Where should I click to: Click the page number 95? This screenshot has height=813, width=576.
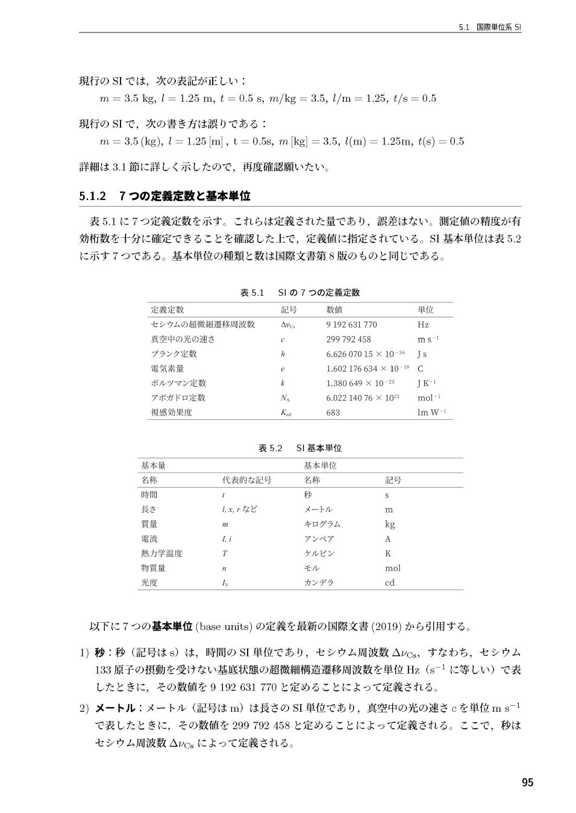tap(527, 782)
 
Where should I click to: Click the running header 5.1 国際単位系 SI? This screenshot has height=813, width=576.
tap(489, 27)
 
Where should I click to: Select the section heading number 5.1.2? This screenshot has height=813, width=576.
tap(93, 196)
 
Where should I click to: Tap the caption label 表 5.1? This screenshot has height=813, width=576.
tap(252, 293)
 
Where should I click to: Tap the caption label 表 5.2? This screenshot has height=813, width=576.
tap(270, 448)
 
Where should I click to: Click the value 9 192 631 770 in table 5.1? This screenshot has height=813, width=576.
tap(351, 325)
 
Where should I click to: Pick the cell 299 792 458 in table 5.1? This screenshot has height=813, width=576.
tap(348, 339)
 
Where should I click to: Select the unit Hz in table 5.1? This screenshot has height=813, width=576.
tap(423, 325)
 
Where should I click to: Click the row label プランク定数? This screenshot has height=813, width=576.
tap(174, 354)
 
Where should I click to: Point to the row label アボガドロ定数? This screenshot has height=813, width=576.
tap(178, 397)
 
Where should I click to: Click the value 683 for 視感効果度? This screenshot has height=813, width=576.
tap(333, 413)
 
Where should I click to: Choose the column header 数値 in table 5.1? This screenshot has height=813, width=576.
tap(334, 310)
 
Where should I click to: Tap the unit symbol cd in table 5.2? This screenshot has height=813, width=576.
tap(390, 583)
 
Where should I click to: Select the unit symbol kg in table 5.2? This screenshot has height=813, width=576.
tap(390, 524)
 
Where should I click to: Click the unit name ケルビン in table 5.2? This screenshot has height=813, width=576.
tap(319, 553)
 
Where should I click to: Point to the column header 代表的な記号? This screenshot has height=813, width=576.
tap(247, 480)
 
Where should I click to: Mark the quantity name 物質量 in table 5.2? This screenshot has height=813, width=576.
tap(153, 568)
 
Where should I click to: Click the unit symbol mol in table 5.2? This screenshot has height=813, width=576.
tap(393, 568)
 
